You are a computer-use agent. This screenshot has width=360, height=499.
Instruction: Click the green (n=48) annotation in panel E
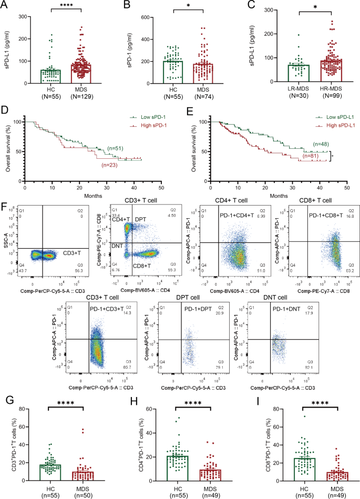(323, 143)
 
